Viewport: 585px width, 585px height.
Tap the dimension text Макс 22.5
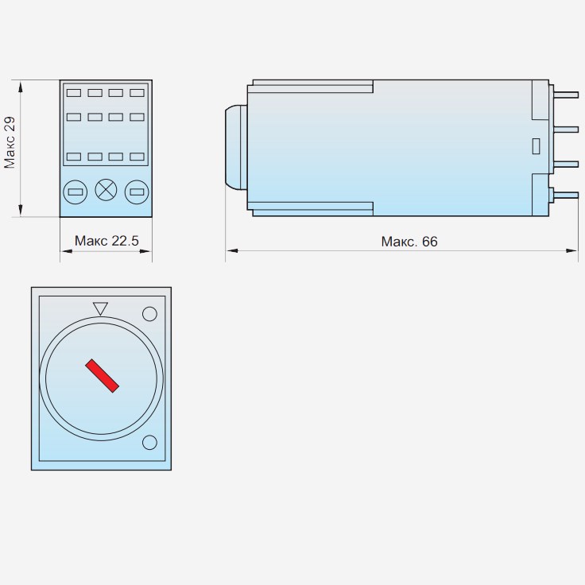coord(107,240)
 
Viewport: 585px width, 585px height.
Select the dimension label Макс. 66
coord(409,241)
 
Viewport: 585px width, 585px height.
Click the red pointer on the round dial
coord(103,376)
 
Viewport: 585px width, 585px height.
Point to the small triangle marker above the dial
coord(100,308)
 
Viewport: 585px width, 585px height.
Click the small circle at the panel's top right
coord(149,313)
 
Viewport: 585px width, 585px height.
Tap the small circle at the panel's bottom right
coord(149,442)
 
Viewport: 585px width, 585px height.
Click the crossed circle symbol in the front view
coord(106,190)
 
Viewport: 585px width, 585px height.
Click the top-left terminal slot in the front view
coord(73,93)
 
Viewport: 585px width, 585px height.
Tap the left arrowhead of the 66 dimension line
coord(231,251)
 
